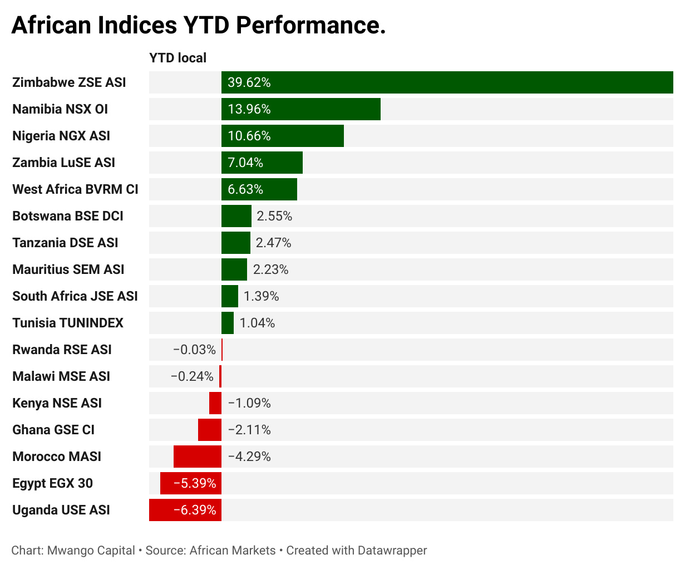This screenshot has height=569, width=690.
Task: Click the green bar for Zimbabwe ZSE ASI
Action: [447, 82]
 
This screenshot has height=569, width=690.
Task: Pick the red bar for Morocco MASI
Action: [197, 457]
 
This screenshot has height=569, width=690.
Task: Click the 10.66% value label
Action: [249, 136]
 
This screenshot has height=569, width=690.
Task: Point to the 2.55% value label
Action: [274, 216]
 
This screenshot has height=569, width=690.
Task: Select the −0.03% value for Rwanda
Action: [194, 350]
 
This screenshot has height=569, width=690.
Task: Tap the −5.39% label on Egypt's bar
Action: [194, 483]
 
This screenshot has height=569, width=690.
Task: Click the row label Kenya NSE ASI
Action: [57, 403]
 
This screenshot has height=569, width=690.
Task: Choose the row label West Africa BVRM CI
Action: [75, 189]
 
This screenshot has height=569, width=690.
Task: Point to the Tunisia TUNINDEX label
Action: [67, 323]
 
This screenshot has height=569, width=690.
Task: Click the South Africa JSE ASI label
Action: [75, 296]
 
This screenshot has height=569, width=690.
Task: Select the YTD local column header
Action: [178, 58]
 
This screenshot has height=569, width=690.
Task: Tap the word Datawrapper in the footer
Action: [392, 551]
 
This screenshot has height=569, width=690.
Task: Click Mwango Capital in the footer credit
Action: [91, 551]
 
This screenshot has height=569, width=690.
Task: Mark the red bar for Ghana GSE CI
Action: [209, 430]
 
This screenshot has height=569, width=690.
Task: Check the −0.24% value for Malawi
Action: [192, 376]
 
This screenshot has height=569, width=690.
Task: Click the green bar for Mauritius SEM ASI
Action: [234, 269]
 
